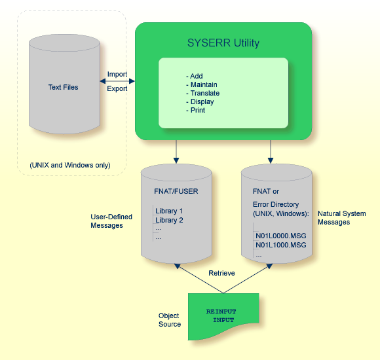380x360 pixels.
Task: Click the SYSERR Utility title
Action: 223,43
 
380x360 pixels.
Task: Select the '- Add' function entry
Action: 195,77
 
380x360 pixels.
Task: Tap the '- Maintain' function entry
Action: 201,85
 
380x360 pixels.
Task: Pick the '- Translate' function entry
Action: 202,94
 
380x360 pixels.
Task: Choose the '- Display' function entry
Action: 200,102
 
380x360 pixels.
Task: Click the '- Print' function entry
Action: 195,111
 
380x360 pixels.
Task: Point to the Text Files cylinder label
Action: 63,87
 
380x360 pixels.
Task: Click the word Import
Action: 117,75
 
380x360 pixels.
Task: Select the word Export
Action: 117,88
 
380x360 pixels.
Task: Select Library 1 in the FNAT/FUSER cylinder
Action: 169,211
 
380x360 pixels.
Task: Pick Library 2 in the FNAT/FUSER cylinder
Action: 169,221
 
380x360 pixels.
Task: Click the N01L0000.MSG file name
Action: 280,234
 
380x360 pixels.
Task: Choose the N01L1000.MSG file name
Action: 280,245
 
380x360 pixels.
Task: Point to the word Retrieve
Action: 222,273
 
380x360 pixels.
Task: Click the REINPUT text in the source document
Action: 221,311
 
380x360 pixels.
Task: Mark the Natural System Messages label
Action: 341,218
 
